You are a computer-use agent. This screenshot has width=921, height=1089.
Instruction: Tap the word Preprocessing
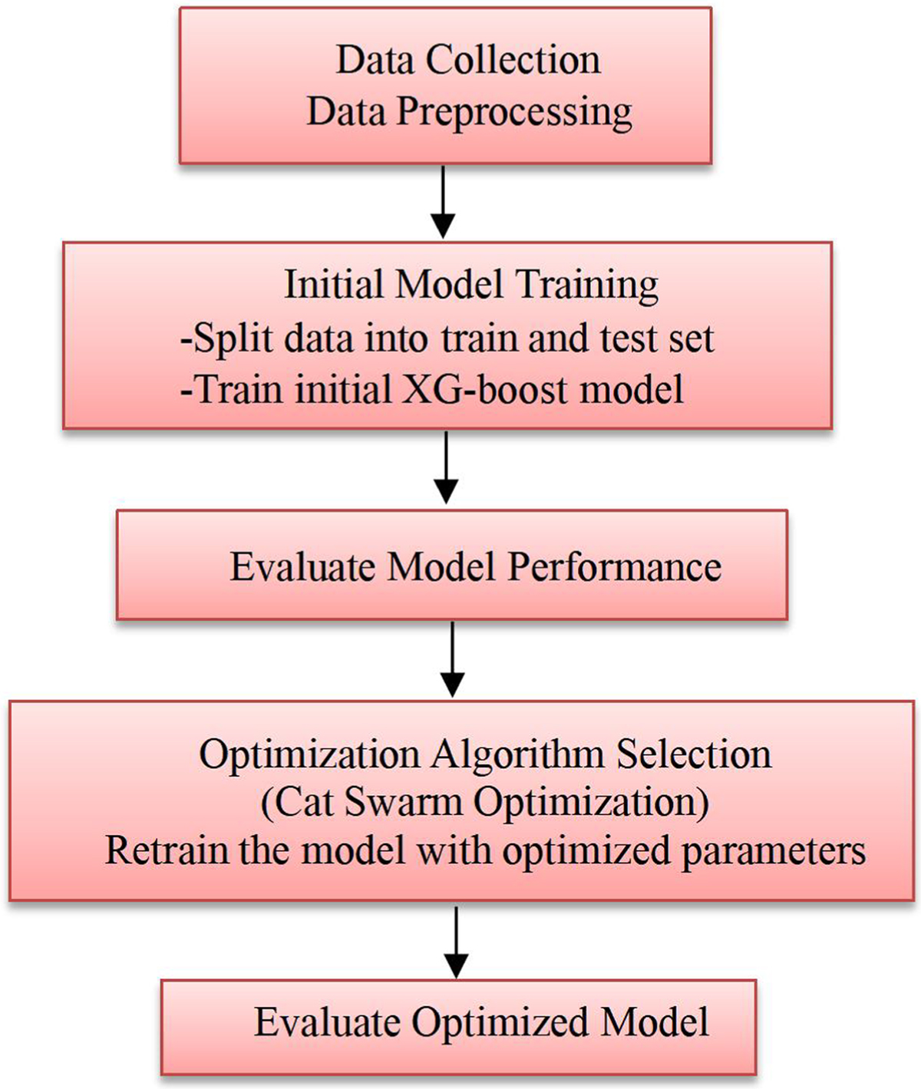pyautogui.click(x=513, y=112)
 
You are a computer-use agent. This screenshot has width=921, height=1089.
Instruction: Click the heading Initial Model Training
pyautogui.click(x=471, y=285)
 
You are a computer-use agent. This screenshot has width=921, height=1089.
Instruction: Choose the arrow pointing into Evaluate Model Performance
pyautogui.click(x=446, y=468)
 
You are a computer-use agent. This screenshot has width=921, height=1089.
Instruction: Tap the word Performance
pyautogui.click(x=615, y=567)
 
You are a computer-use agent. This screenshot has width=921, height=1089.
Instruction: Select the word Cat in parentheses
pyautogui.click(x=305, y=803)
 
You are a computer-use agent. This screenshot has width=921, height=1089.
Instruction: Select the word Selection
pyautogui.click(x=694, y=755)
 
